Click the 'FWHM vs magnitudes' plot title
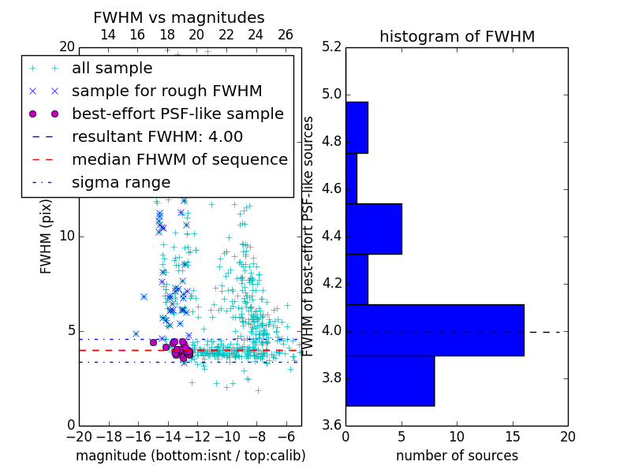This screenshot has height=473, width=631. click(179, 17)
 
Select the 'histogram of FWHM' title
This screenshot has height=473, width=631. click(457, 36)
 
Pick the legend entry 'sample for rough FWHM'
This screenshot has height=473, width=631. click(166, 91)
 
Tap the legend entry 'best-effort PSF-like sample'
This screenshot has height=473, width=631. click(177, 114)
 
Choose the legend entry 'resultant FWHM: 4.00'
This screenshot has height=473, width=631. click(157, 137)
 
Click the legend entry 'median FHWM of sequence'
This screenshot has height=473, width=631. click(179, 160)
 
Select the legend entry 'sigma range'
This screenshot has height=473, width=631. click(121, 183)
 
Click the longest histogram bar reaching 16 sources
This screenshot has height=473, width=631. click(435, 330)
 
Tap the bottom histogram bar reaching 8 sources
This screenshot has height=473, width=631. click(390, 380)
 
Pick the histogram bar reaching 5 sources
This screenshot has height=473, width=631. click(373, 229)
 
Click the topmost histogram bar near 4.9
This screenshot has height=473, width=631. click(357, 127)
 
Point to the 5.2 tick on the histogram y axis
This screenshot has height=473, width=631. click(331, 47)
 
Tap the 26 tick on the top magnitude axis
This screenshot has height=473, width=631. click(286, 35)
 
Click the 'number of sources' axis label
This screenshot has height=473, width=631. click(457, 456)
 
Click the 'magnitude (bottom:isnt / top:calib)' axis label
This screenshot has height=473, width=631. click(190, 456)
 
